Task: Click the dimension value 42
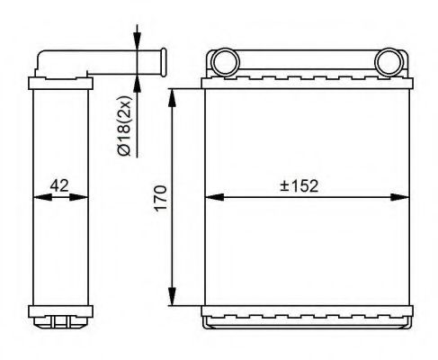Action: click(x=59, y=186)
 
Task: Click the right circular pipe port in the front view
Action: click(x=389, y=64)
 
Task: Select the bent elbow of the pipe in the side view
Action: click(x=46, y=64)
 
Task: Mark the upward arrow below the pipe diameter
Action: click(x=137, y=83)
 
